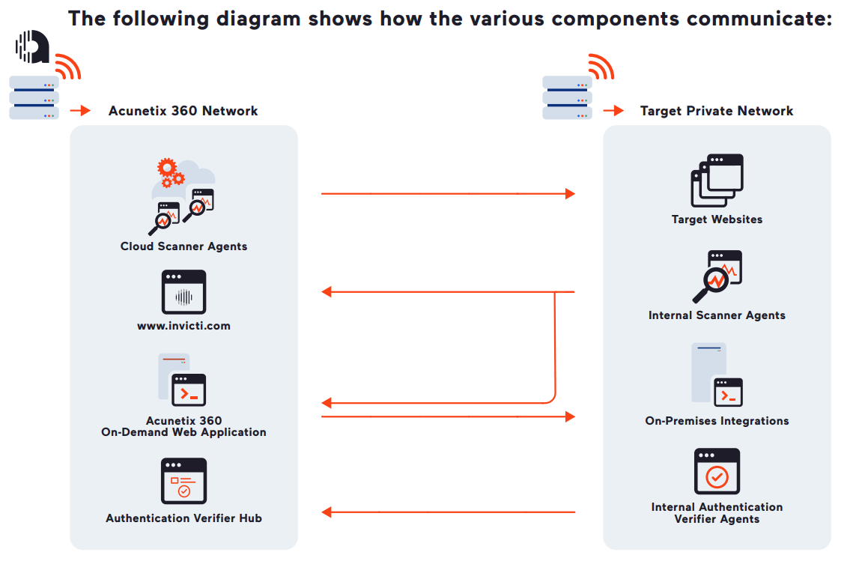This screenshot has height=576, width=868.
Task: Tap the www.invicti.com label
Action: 183,326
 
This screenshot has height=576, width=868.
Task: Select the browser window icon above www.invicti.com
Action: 183,292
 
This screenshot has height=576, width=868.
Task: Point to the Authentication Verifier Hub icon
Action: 183,481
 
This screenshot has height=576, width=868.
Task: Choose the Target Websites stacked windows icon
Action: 717,181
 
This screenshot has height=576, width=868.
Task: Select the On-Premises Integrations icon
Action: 717,375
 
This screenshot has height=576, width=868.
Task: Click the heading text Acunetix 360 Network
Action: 183,111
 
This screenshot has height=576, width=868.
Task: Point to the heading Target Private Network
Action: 717,111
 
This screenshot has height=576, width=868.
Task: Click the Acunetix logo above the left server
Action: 32,46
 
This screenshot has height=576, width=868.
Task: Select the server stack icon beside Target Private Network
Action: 568,97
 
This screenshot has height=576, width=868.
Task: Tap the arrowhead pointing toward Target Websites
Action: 570,194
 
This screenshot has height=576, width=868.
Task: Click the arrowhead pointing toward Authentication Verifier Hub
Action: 327,512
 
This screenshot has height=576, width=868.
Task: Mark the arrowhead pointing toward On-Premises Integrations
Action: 570,416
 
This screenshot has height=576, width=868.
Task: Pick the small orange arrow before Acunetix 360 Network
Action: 80,111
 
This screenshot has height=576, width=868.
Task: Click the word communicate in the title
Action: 756,19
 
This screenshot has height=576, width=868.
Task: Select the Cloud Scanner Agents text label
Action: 183,246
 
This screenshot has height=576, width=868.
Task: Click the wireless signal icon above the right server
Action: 601,67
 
